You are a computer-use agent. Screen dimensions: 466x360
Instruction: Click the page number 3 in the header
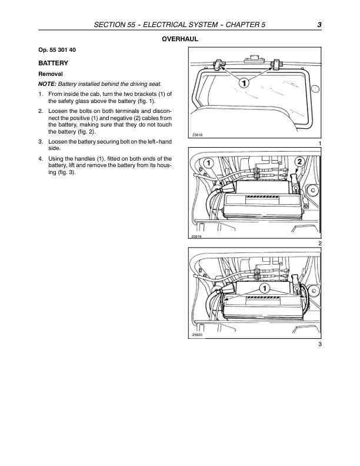318,25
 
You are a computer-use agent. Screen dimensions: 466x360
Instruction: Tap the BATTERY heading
53,62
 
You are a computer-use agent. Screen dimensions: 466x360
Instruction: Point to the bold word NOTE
48,84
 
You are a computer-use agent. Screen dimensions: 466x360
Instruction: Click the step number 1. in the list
41,94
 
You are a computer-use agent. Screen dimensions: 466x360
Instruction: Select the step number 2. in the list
41,111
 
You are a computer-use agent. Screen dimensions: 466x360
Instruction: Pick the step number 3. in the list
41,142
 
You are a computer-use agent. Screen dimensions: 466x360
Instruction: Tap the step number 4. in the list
41,158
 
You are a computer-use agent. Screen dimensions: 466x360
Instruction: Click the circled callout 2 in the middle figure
299,162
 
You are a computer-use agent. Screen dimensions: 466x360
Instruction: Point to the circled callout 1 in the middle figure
208,162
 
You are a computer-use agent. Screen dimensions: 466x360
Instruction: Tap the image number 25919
196,236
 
